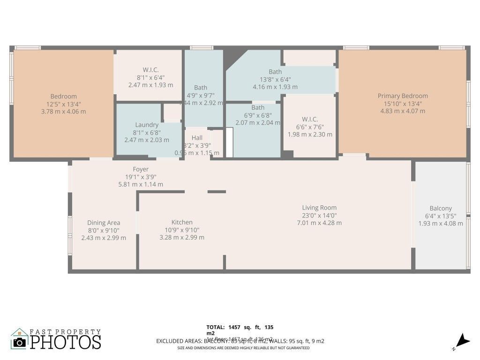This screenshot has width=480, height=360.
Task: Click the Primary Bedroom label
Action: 403,96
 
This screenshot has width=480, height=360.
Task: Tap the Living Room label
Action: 319,208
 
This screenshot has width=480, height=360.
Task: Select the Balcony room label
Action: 441,209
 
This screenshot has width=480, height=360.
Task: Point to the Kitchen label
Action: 182,222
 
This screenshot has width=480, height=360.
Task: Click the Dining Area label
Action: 104,223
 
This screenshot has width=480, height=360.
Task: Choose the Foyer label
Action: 141,169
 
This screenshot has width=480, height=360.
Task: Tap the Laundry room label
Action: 147,125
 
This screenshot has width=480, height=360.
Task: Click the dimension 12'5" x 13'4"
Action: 64,104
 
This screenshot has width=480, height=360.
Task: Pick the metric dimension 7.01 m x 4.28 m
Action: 319,223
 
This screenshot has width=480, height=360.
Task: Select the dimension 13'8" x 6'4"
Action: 275,79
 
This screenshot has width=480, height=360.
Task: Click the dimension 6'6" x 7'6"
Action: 310,127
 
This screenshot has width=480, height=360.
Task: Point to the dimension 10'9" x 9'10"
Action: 182,230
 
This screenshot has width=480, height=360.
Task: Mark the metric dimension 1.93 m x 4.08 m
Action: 441,224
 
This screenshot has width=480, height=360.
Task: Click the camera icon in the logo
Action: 19,342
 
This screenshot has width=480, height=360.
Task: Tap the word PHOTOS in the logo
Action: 66,342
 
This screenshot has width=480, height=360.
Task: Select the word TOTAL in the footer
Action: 216,327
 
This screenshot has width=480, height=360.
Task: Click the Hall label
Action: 197,138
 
